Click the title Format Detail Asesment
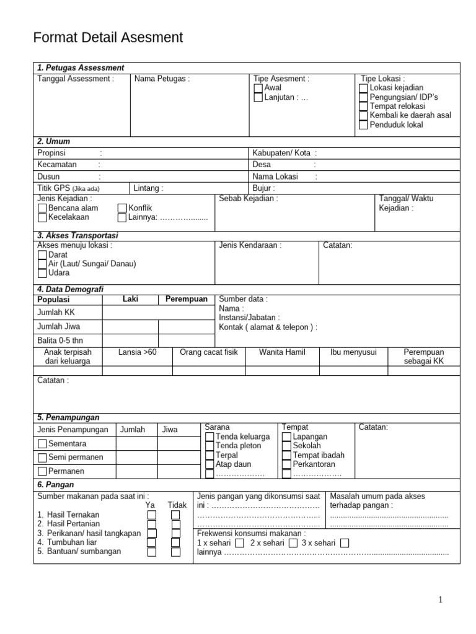pyautogui.click(x=108, y=38)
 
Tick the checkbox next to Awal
pyautogui.click(x=258, y=88)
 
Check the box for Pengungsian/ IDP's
pyautogui.click(x=363, y=97)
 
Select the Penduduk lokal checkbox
pyautogui.click(x=363, y=124)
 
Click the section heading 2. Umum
pyautogui.click(x=53, y=142)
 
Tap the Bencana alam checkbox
pyautogui.click(x=42, y=209)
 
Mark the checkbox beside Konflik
pyautogui.click(x=122, y=209)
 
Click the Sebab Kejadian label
pyautogui.click(x=249, y=199)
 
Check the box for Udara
pyautogui.click(x=42, y=273)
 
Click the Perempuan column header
pyautogui.click(x=186, y=300)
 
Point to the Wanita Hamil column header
pyautogui.click(x=282, y=352)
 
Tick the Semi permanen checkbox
pyautogui.click(x=42, y=458)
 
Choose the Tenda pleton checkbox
pyautogui.click(x=209, y=446)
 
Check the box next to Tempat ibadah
pyautogui.click(x=286, y=455)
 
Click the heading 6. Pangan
pyautogui.click(x=56, y=485)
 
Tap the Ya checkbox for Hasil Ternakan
pyautogui.click(x=151, y=515)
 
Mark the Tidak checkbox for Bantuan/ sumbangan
pyautogui.click(x=175, y=552)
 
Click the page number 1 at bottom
pyautogui.click(x=440, y=599)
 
